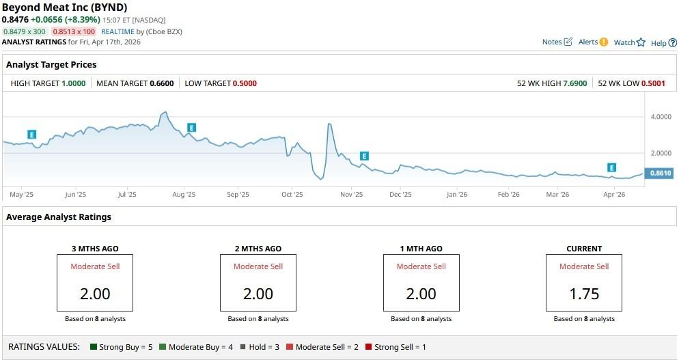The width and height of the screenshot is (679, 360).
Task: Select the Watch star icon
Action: [x=641, y=42]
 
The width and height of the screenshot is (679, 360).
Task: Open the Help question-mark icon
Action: [x=672, y=43]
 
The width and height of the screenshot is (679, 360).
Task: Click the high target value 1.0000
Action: [x=74, y=83]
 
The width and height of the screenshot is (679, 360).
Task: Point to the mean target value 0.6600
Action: [x=162, y=83]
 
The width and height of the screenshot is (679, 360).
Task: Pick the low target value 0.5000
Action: [x=245, y=83]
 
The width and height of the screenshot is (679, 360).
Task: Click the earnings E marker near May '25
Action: [x=31, y=135]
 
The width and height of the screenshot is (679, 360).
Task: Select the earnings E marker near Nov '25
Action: [x=364, y=156]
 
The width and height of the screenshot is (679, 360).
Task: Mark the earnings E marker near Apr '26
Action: [x=612, y=168]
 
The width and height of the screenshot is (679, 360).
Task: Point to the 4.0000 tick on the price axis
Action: [x=661, y=117]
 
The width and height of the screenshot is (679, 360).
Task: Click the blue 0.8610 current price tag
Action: [x=660, y=174]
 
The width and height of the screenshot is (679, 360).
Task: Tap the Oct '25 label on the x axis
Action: [x=292, y=195]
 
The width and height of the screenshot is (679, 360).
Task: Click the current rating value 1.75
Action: [x=583, y=294]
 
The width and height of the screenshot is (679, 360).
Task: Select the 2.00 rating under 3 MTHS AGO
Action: [x=95, y=294]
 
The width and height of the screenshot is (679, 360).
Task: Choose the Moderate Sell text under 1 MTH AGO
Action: [x=421, y=266]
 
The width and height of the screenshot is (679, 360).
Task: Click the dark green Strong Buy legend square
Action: [x=94, y=347]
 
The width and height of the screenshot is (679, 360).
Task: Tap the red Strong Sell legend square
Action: [x=369, y=347]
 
